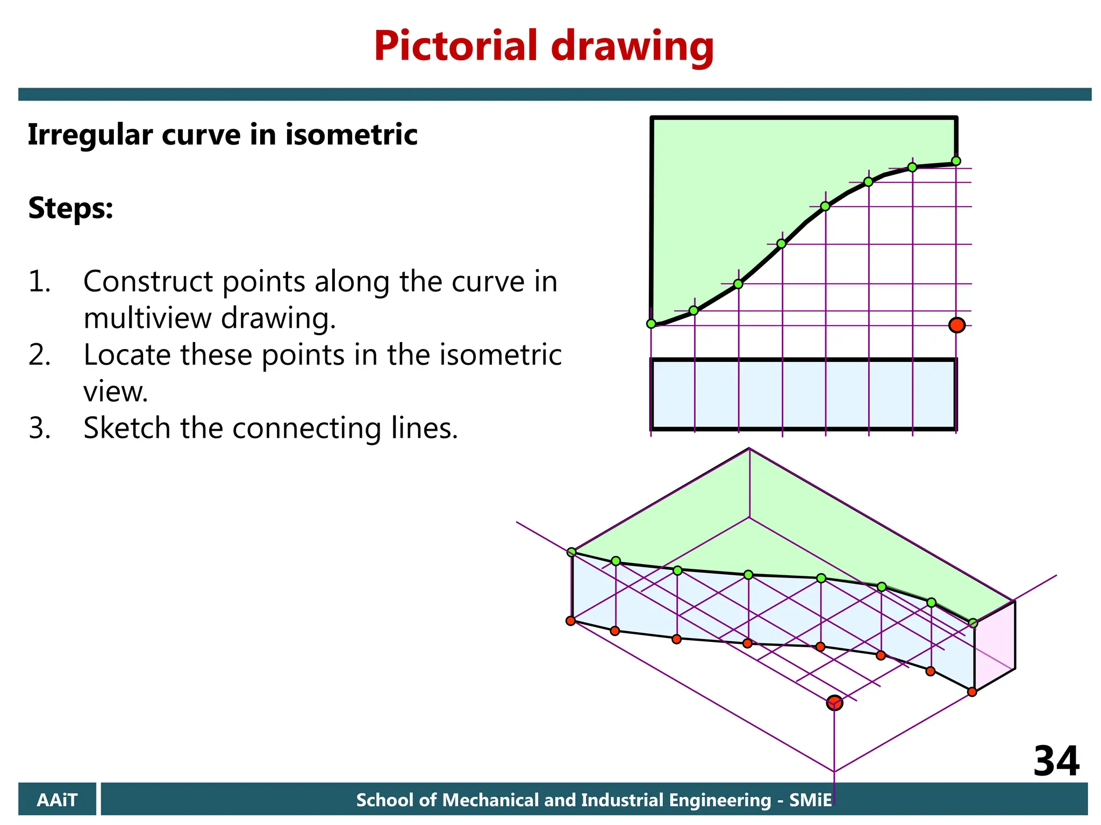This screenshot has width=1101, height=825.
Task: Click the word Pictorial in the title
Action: click(455, 46)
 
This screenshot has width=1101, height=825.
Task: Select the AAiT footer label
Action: click(57, 800)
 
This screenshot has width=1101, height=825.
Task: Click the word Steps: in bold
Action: click(70, 208)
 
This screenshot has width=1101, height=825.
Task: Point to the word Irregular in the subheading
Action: click(90, 135)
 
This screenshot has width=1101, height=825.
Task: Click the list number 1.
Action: click(39, 281)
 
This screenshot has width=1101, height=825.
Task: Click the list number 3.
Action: click(39, 428)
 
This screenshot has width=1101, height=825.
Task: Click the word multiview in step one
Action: click(147, 318)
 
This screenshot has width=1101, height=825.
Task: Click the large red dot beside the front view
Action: click(956, 325)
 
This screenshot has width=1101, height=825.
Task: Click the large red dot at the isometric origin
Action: click(834, 703)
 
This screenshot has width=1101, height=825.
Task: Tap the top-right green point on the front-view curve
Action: click(956, 161)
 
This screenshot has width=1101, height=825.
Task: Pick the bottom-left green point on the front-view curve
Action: click(651, 324)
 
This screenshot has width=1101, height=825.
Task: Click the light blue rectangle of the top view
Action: click(803, 394)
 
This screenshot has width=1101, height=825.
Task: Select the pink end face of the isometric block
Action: click(995, 646)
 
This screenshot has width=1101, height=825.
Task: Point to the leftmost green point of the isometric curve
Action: click(571, 552)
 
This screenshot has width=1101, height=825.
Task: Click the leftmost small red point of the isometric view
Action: click(570, 621)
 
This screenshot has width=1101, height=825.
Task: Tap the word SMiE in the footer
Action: click(810, 800)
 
